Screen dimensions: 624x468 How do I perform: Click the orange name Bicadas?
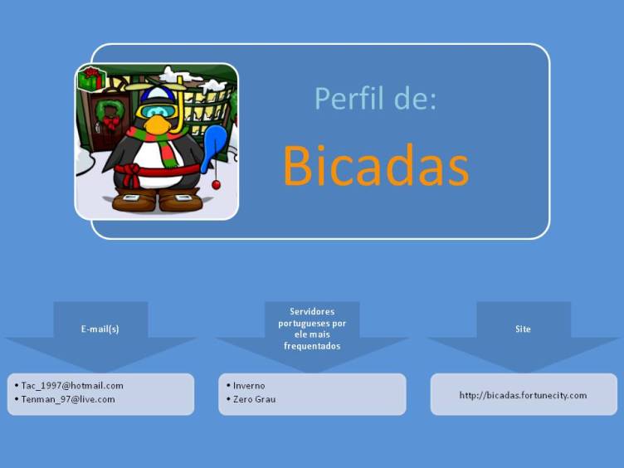[x=376, y=166]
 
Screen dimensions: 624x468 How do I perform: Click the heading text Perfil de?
[x=376, y=98]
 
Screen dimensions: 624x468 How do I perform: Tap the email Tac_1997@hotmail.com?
[x=72, y=386]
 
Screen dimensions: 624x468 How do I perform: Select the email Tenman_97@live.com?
[x=68, y=399]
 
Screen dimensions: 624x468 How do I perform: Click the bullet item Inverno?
[x=249, y=386]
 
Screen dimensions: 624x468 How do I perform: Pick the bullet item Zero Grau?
[x=254, y=399]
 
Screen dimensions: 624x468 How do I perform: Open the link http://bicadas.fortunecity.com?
[x=523, y=395]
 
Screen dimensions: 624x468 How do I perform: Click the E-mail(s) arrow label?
[x=100, y=329]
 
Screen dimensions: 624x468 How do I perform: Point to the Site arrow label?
[x=523, y=329]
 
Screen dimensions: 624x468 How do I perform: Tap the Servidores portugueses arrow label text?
[x=312, y=329]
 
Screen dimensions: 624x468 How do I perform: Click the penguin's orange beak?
[x=158, y=125]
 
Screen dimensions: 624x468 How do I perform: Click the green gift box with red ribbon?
[x=91, y=78]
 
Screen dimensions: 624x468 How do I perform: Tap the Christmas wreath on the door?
[x=109, y=115]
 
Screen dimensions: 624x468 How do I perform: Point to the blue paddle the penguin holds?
[x=214, y=147]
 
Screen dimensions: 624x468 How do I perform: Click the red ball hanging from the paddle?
[x=216, y=184]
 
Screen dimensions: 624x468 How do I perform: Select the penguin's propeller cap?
[x=157, y=90]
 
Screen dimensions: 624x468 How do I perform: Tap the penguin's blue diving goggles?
[x=158, y=111]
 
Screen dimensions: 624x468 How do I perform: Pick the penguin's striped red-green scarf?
[x=159, y=146]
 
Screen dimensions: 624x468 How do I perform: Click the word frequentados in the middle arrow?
[x=312, y=346]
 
